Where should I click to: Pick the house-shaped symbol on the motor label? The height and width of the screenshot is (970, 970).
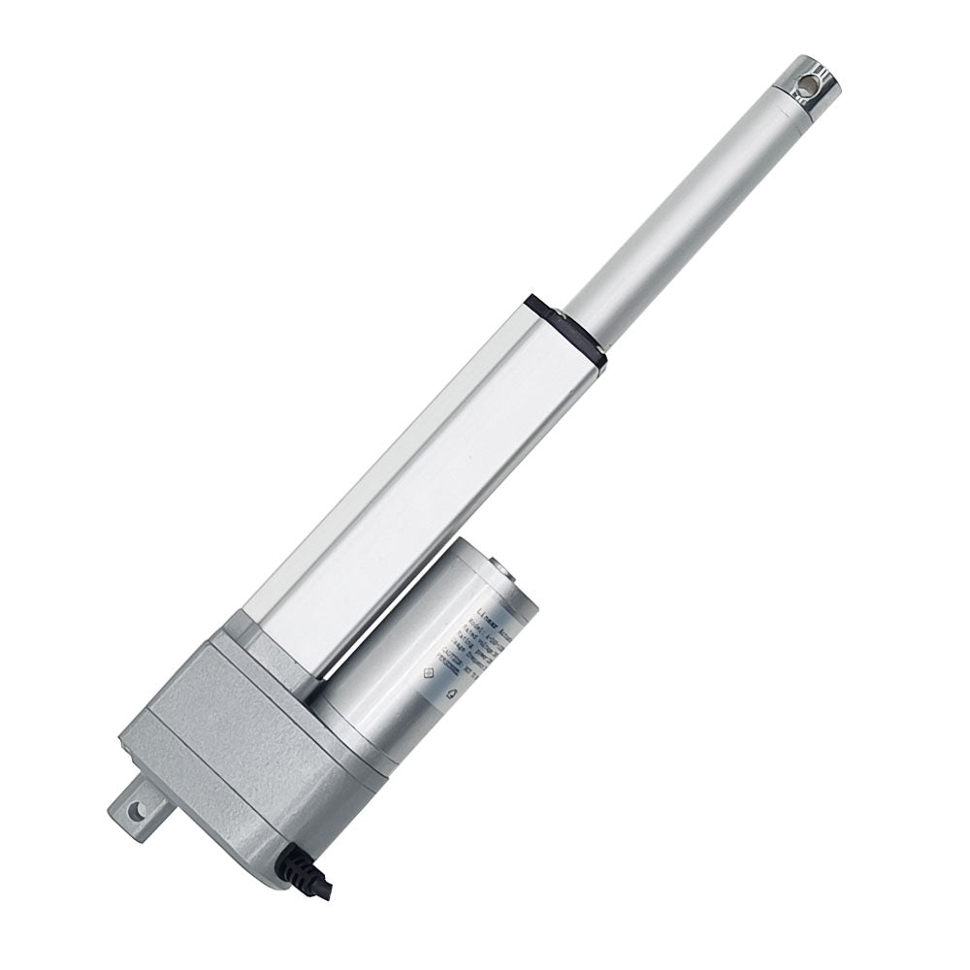click(449, 695)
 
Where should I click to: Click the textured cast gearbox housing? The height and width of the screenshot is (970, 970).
click(233, 737)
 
